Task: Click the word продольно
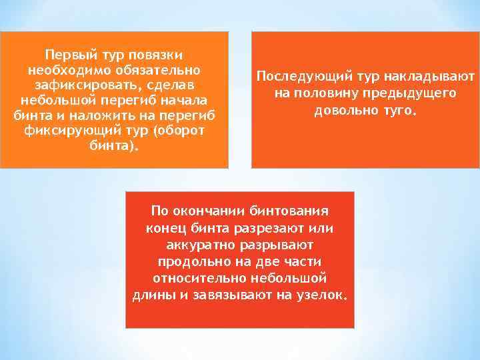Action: point(190,261)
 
